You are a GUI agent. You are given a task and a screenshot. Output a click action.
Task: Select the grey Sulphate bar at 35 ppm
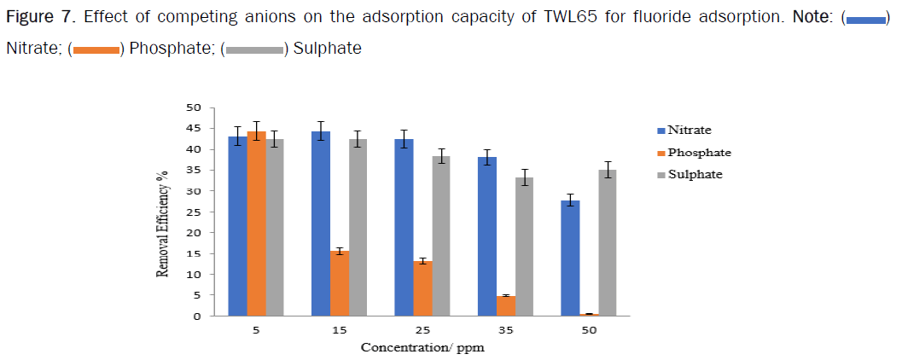point(524,247)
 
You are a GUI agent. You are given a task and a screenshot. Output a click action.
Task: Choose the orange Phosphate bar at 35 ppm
point(505,305)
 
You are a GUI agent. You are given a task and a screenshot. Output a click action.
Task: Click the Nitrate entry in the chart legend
point(688,131)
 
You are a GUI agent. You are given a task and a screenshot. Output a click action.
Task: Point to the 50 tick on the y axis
point(195,107)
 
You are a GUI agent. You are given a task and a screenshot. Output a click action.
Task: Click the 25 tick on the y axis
point(195,212)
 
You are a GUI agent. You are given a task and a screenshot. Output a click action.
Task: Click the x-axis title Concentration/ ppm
point(423,347)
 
